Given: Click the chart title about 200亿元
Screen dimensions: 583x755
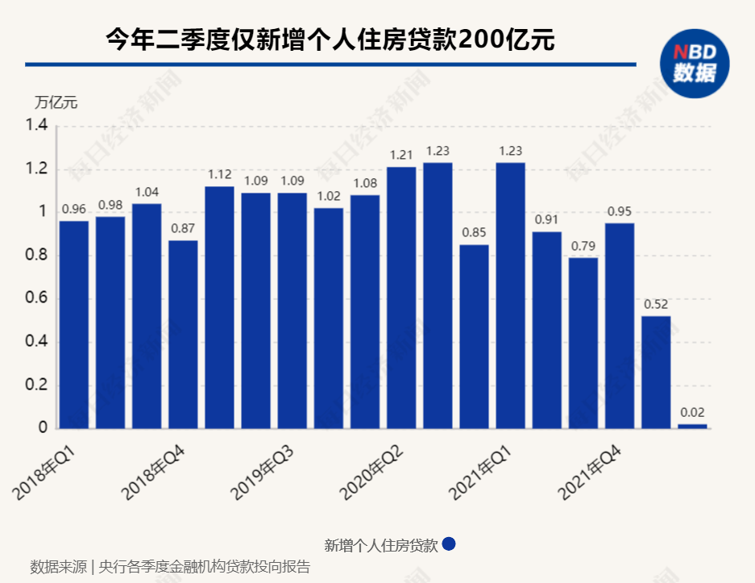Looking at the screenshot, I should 330,40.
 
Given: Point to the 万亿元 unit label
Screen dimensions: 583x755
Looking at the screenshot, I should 56,102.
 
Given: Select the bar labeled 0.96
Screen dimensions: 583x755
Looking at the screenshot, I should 74,324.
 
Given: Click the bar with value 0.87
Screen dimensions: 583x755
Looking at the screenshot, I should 183,334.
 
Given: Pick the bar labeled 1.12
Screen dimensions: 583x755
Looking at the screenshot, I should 219,307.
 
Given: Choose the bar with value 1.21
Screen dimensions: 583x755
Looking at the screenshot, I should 401,298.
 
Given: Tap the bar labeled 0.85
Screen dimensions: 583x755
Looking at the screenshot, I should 474,336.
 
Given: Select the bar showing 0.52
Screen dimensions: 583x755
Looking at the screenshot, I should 656,372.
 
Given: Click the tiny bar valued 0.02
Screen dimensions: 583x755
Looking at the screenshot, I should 692,426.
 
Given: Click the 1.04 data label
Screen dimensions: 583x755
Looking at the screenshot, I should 147,192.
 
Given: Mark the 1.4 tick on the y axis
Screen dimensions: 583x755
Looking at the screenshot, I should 37,126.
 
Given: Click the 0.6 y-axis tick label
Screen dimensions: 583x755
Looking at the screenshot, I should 37,298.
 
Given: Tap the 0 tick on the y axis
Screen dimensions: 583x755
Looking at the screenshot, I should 44,428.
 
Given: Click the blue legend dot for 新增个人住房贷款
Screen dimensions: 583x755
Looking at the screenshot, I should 450,544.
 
